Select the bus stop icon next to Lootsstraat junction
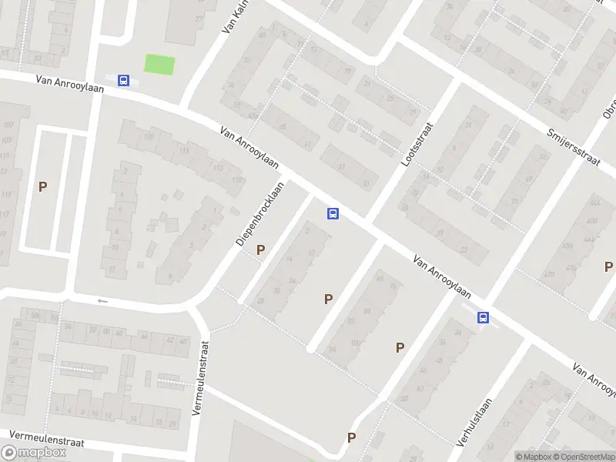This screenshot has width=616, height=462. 333,213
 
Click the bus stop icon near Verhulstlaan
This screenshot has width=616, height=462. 483,317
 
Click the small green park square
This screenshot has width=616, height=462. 159,65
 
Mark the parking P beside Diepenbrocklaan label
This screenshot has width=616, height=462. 260,249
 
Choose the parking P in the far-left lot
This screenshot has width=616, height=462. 43,186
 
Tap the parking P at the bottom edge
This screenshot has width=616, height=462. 351,438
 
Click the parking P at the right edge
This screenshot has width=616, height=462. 608,267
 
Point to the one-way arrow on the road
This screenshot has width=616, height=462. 101,300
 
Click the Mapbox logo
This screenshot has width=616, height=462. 35,453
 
